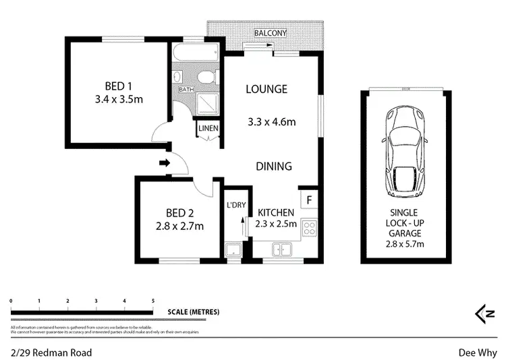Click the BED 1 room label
click(113, 86)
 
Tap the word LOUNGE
click(266, 89)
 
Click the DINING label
click(273, 167)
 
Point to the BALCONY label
click(271, 33)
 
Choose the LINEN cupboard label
click(207, 126)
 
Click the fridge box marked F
click(309, 200)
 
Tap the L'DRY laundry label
click(235, 205)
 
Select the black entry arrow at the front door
click(163, 162)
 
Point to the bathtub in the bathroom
click(196, 55)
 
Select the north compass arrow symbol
click(483, 312)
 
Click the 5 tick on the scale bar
click(153, 301)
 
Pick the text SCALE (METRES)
click(194, 312)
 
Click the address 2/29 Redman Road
click(51, 352)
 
